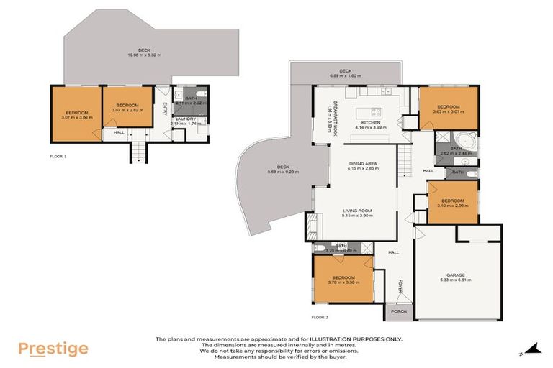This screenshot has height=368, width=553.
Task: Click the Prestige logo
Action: [53, 349]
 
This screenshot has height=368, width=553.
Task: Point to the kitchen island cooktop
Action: [376, 111]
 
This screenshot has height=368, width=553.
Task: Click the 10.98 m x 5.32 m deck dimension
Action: [144, 55]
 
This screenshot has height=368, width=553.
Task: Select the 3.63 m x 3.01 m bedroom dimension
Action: [448, 112]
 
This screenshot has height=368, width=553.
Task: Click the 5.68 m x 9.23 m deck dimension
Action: [282, 172]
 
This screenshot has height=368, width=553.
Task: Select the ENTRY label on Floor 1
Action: [165, 109]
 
